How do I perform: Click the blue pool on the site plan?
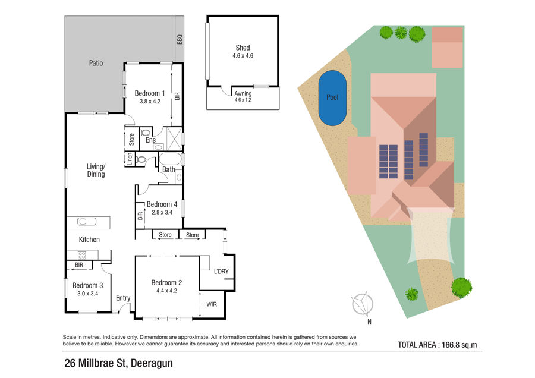pos(332,98)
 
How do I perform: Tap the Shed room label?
pos(243,48)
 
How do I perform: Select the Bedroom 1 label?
pos(149,93)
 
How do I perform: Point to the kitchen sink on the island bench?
pos(87,222)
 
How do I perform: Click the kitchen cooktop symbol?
pos(82,255)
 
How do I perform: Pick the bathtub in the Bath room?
pos(170,159)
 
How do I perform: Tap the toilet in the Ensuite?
pos(146,132)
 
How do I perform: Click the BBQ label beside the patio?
pos(180,40)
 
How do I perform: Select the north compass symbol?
pos(363,304)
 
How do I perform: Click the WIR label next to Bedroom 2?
pos(212,304)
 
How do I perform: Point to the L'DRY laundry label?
pos(221,271)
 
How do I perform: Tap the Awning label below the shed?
pos(243,93)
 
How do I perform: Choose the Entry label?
pos(123,298)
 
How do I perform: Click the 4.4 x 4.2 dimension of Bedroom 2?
pos(166,291)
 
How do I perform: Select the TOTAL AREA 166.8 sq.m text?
pos(438,345)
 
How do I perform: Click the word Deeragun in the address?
pos(152,363)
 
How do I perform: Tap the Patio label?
pos(96,63)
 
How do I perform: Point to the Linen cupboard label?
pos(130,159)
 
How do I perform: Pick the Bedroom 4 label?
pos(162,204)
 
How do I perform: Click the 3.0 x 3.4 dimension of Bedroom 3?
pos(88,294)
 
